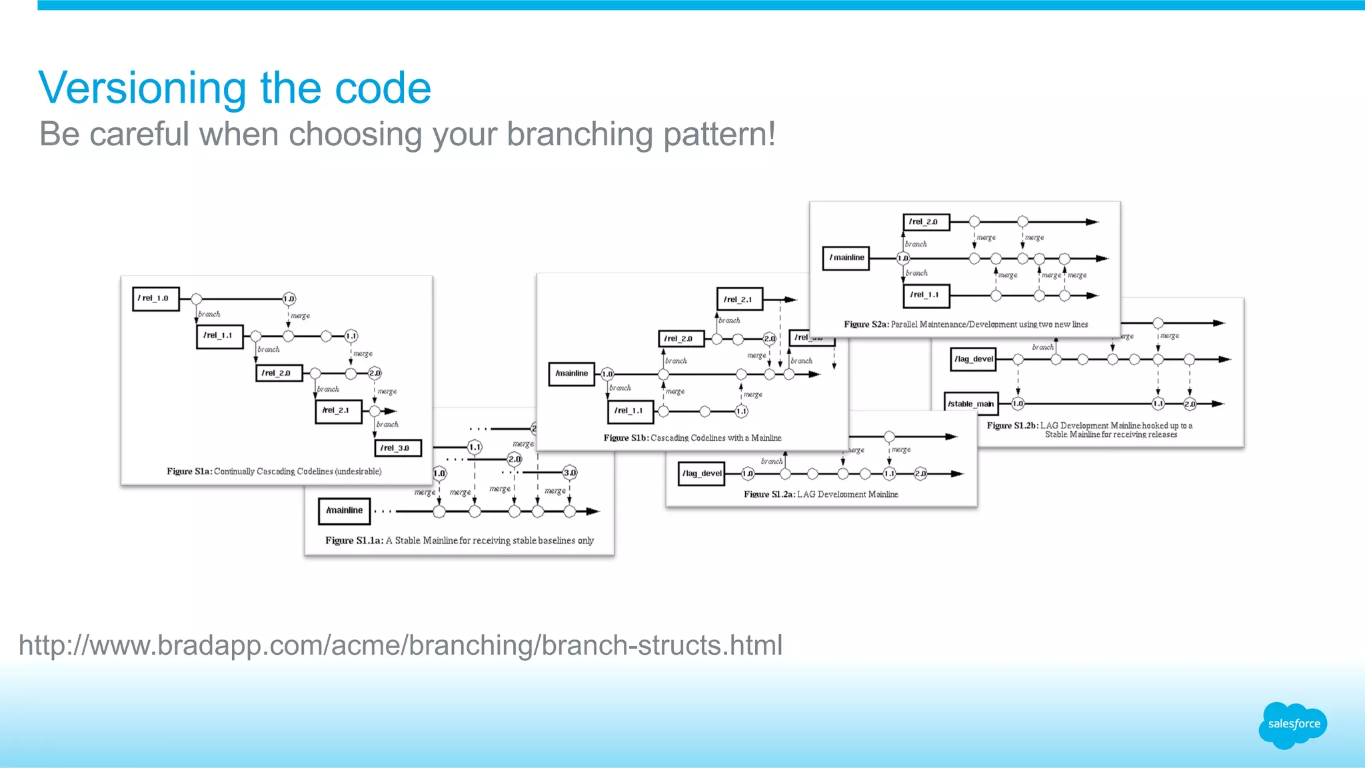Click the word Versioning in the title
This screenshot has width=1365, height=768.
coord(142,88)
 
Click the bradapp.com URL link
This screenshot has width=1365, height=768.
coord(401,645)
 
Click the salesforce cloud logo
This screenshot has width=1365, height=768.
coord(1293,725)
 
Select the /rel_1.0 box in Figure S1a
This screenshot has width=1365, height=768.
coord(156,298)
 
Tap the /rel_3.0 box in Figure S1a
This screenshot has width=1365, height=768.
coord(398,448)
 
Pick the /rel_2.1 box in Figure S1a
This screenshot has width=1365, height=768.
coord(338,411)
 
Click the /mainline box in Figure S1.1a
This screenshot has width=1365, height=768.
coord(344,511)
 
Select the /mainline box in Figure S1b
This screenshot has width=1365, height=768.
coord(571,374)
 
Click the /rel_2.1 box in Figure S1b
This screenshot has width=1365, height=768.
coord(739,300)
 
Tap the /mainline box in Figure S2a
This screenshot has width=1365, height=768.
coord(846,258)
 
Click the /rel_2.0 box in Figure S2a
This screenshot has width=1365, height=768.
coord(926,222)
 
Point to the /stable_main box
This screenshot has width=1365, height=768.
coord(972,404)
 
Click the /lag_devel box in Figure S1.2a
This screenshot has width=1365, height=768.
coord(701,474)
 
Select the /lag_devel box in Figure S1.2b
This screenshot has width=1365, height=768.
coord(973,359)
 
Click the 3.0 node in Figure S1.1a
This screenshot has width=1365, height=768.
coord(569,473)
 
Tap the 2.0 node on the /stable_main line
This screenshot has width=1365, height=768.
coord(1190,404)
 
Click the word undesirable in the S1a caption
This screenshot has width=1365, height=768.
coord(358,472)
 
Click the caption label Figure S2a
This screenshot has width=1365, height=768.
coord(865,324)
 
